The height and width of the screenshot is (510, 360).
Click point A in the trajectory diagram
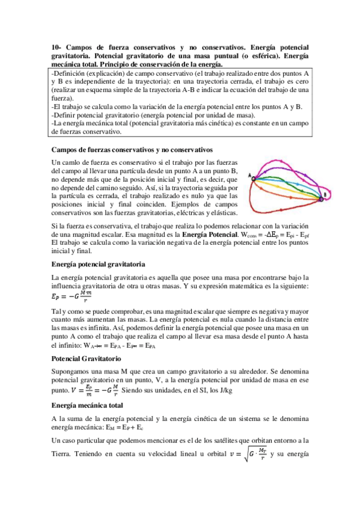[x=254, y=179]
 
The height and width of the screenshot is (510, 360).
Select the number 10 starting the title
[x=56, y=47]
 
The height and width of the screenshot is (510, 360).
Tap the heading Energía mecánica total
[x=88, y=405]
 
